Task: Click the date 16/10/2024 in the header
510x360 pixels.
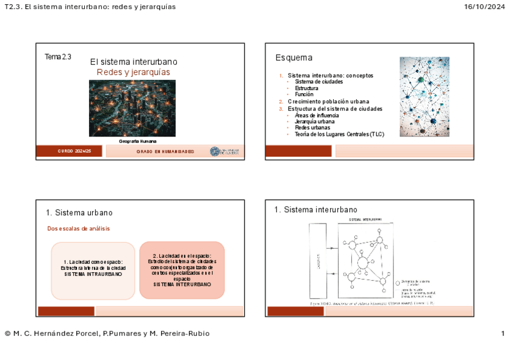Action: pos(485,7)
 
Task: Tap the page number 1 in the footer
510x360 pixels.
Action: pos(502,334)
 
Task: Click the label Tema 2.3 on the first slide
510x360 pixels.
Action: pos(58,57)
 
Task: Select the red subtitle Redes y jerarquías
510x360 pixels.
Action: pos(134,72)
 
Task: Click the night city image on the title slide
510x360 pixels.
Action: pos(132,108)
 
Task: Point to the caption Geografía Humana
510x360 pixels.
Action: pos(138,141)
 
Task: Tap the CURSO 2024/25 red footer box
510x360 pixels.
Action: pos(75,151)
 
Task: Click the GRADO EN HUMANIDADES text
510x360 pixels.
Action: pos(165,151)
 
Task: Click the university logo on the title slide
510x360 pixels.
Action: pos(225,151)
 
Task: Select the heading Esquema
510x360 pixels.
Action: pos(293,58)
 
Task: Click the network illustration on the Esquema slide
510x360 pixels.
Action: pos(424,97)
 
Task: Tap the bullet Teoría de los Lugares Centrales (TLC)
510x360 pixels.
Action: pos(339,134)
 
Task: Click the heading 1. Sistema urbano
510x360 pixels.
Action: pos(79,213)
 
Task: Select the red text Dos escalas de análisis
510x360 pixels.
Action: pos(79,228)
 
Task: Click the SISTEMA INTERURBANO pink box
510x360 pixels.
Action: pos(182,270)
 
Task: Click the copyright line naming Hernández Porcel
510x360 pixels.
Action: pos(107,334)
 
